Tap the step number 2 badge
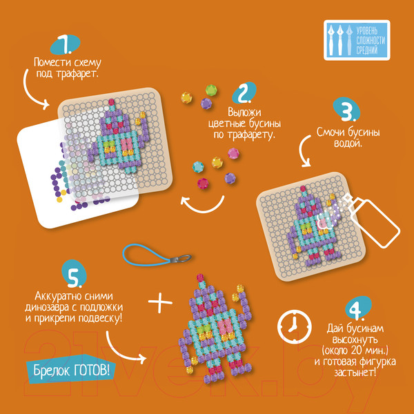pyautogui.click(x=244, y=92)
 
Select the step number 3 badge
pyautogui.click(x=346, y=110)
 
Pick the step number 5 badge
pyautogui.click(x=74, y=274)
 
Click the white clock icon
pyautogui.click(x=295, y=326)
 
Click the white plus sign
pyautogui.click(x=160, y=302)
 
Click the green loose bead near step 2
pyautogui.click(x=211, y=90)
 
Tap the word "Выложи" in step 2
pyautogui.click(x=244, y=112)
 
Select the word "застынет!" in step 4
pyautogui.click(x=355, y=373)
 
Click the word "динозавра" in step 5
pyautogui.click(x=50, y=308)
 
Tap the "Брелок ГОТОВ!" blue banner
pyautogui.click(x=71, y=371)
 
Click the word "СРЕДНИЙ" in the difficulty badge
pyautogui.click(x=367, y=50)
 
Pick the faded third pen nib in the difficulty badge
pyautogui.click(x=349, y=40)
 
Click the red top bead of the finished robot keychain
pyautogui.click(x=200, y=278)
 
